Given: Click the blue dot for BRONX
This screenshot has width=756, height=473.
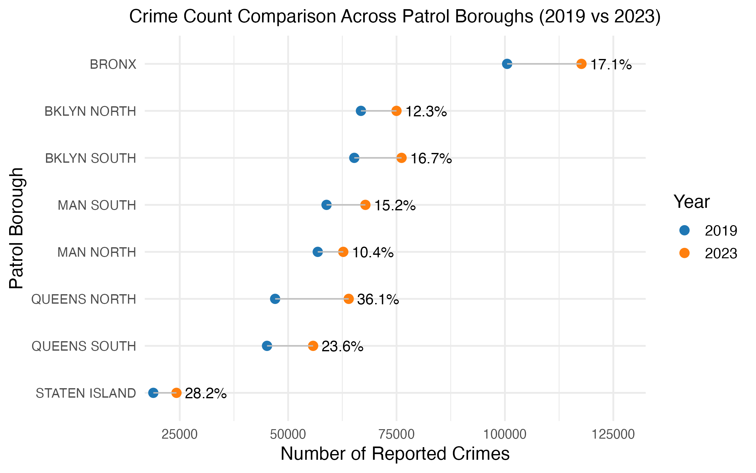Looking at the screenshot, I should tap(507, 64).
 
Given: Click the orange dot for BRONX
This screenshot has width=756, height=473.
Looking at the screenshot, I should tap(581, 64).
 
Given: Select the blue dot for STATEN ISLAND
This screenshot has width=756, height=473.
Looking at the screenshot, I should tap(153, 393).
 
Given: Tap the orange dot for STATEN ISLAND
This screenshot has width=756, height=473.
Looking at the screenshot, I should tap(176, 393).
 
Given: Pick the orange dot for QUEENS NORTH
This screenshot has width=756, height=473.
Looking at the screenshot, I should tap(348, 299).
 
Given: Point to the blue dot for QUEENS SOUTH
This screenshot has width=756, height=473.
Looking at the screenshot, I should tap(267, 346).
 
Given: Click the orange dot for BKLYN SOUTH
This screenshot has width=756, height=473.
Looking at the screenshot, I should tap(401, 158).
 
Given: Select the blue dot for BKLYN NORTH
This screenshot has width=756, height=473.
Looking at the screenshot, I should tap(361, 111).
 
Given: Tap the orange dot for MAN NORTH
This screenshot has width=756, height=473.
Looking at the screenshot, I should tap(343, 252).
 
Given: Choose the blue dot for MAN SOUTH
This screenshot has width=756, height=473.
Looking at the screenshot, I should tap(326, 205).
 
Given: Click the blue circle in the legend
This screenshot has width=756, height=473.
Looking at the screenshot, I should tap(684, 230).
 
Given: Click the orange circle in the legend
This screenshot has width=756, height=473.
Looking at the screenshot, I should tap(684, 253).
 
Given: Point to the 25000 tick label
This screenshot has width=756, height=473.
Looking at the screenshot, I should tap(179, 435).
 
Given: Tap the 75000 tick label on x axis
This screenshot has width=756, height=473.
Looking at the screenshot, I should tap(396, 435).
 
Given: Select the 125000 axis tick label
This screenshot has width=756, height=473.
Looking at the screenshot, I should tap(613, 435).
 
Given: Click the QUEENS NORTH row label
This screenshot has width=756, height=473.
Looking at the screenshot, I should tap(83, 299).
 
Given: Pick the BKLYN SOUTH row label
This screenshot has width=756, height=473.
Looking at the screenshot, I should tap(90, 158).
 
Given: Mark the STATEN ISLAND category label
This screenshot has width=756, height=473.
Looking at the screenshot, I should tap(86, 393).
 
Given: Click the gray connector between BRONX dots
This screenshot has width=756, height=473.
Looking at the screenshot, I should tap(544, 64).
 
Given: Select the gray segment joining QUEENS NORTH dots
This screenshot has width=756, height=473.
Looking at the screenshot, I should tap(312, 299).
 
